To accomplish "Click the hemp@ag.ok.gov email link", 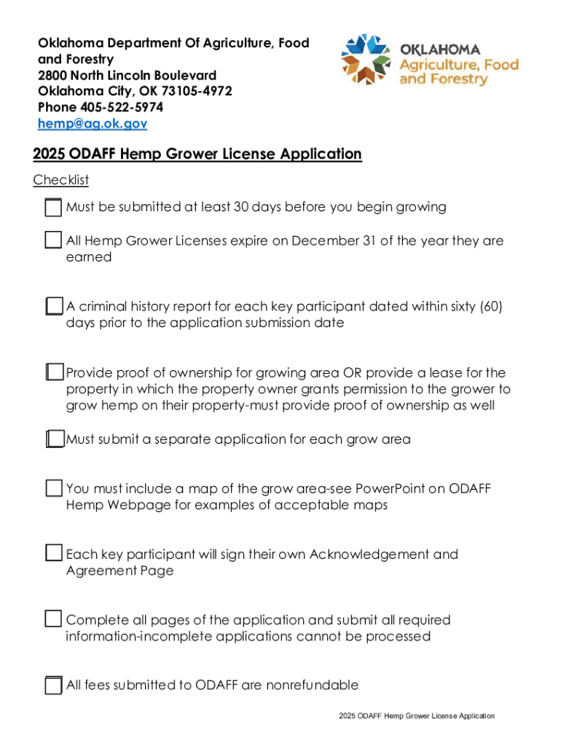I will tap(93, 124).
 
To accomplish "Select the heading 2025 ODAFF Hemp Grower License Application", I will tap(197, 154).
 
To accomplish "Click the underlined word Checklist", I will tap(60, 180).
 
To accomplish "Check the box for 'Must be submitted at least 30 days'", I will tap(53, 208).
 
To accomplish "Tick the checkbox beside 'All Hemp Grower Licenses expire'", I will tap(53, 240).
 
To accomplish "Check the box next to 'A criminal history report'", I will tap(53, 307).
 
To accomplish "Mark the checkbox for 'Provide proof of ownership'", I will tap(53, 373).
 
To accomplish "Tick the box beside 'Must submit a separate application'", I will tap(53, 439).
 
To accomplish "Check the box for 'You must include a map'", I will tap(53, 488).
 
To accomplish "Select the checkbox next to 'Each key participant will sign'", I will tap(53, 554).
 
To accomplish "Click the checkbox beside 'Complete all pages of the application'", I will tap(53, 619).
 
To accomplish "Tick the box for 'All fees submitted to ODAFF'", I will tap(53, 686).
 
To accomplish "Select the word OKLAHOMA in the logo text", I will tap(439, 50).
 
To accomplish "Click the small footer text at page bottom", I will tap(416, 716).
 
